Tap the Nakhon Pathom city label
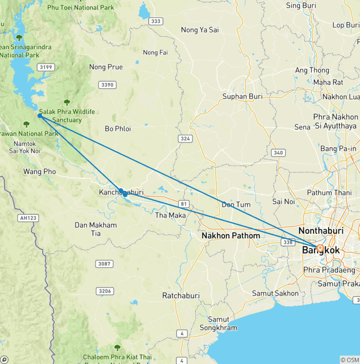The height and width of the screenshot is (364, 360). coord(231,236)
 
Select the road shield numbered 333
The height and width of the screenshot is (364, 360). coord(156,21)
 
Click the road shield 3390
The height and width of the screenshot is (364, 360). coord(107,84)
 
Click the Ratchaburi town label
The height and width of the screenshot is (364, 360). coord(181,296)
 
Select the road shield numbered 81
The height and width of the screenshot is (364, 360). coord(183,204)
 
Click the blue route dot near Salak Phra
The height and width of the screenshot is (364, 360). coord(40,116)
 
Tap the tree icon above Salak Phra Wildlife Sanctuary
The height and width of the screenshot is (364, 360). coord(67,102)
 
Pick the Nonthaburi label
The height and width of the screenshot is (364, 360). coord(321,231)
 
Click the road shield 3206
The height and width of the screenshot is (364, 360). coord(105,291)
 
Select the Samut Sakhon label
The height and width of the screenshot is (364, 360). coord(275,293)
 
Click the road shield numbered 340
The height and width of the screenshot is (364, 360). coord(278,152)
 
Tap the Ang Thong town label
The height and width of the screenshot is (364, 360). coord(312,70)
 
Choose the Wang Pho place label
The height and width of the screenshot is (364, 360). coord(39,172)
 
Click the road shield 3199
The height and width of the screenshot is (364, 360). coord(46,67)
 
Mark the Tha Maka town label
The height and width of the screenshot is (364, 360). coord(170,215)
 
